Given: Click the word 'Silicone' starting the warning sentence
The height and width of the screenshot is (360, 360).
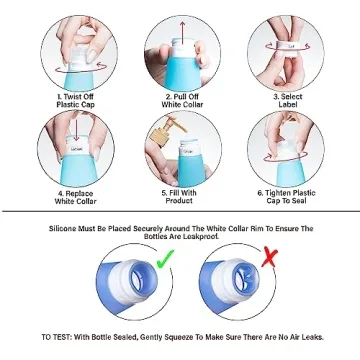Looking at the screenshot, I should [x=63, y=227].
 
